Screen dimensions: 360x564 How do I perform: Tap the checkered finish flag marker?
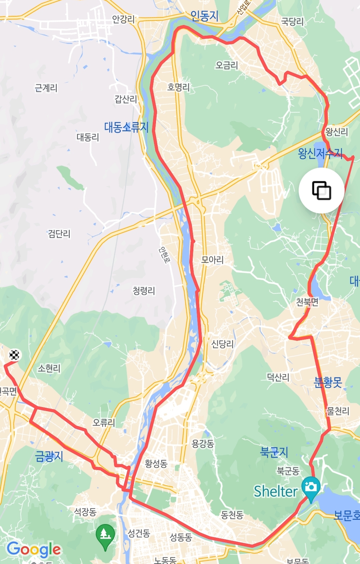(x=14, y=355)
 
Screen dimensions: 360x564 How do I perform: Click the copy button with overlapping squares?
(x=321, y=191)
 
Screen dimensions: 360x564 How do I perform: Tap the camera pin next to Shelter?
(x=311, y=487)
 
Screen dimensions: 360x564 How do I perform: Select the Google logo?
(x=34, y=549)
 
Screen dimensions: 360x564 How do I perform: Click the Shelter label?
(x=275, y=491)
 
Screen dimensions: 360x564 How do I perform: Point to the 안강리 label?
(x=123, y=19)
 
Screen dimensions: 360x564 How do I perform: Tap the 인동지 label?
(x=204, y=16)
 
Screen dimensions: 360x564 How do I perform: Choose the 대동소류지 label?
(x=126, y=127)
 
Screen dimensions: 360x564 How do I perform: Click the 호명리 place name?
(x=178, y=87)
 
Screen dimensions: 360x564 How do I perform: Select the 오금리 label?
(x=227, y=65)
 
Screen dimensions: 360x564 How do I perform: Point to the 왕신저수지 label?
(x=320, y=153)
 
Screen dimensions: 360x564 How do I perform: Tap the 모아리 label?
(x=212, y=260)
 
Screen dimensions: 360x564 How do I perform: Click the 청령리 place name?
(x=144, y=291)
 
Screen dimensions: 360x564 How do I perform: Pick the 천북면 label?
(x=307, y=302)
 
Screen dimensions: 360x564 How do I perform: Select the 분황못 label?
(x=328, y=382)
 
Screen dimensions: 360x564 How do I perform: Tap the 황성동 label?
(x=156, y=463)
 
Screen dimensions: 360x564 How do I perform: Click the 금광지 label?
(x=49, y=456)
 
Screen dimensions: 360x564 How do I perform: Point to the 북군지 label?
(x=274, y=452)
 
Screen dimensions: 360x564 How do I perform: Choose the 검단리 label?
(x=59, y=234)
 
